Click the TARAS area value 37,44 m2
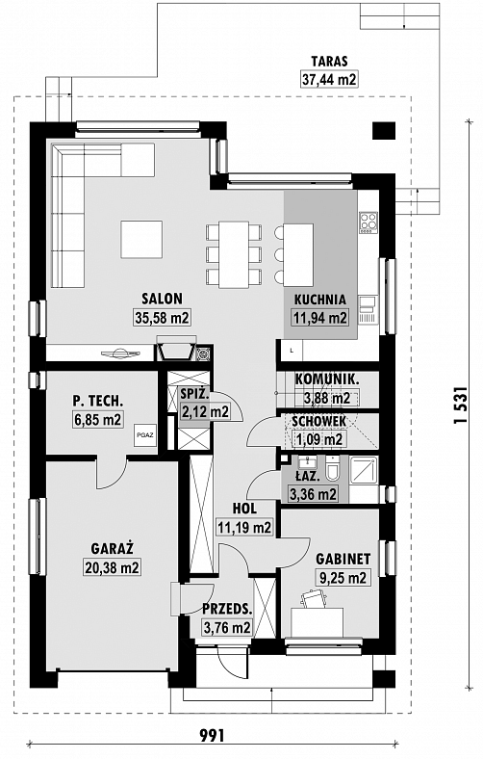(329, 79)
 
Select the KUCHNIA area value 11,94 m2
(320, 318)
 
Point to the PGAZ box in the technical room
(145, 434)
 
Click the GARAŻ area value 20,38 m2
(113, 566)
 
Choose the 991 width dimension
(213, 735)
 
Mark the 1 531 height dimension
(461, 406)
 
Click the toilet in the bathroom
(333, 468)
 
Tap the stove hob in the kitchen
(368, 222)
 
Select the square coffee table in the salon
(141, 239)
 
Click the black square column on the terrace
(384, 130)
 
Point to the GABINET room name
(343, 559)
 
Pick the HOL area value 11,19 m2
(244, 527)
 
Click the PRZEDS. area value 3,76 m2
(227, 628)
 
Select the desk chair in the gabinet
(313, 598)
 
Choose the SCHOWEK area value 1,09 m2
(318, 439)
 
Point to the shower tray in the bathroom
(364, 469)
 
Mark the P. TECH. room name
(98, 401)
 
